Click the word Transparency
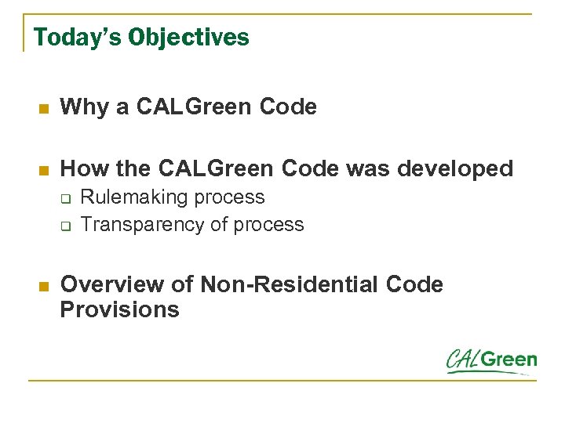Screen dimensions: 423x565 143,224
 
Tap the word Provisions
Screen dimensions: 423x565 119,309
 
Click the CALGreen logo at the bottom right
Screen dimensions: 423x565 491,360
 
